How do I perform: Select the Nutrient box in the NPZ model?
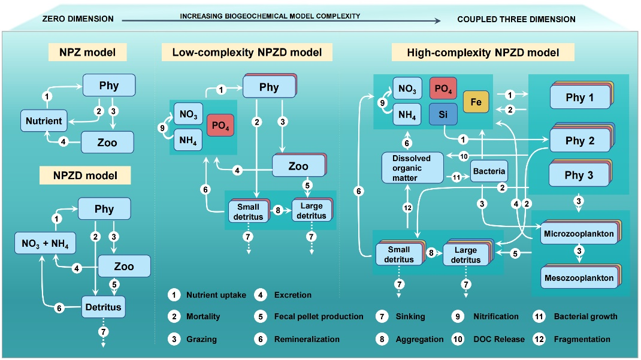44,120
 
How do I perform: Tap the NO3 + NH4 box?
46,243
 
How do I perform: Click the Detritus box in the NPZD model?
102,307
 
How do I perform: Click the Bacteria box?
488,171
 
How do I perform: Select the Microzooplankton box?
578,234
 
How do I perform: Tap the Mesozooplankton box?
578,278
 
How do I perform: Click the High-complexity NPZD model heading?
483,53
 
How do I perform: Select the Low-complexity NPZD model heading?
247,53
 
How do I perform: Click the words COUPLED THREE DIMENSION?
516,19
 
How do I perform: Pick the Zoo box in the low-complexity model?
298,166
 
